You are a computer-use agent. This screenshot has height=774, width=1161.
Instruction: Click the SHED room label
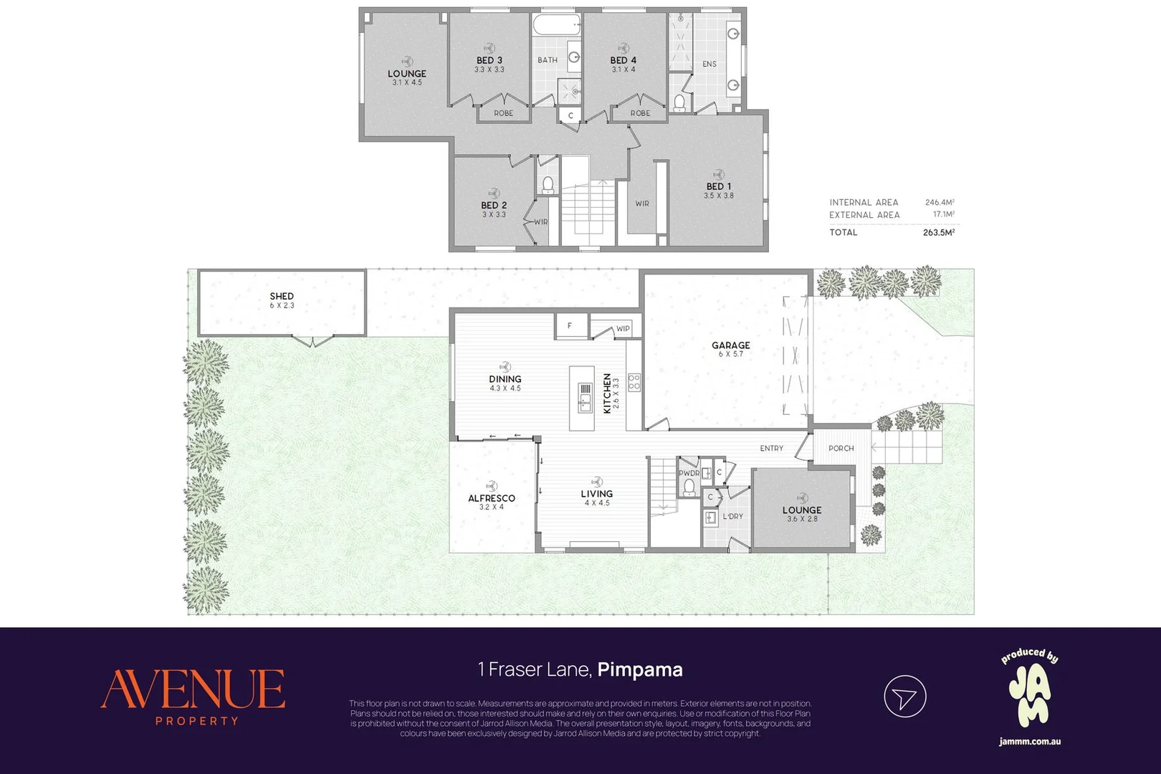point(282,296)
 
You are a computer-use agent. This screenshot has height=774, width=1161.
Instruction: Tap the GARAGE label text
point(731,345)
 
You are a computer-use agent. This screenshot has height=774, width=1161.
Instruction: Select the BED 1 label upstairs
point(719,186)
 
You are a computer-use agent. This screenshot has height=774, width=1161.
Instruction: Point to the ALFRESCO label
point(492,498)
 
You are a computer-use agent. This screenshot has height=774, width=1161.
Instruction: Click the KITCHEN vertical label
point(608,393)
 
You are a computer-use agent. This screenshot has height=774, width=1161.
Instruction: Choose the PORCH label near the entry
point(841,449)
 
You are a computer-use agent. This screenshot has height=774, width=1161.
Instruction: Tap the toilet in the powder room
point(689,487)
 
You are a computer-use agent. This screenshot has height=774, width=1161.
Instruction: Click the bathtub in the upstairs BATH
point(556,24)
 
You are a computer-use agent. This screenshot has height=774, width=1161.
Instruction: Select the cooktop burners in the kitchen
point(634,382)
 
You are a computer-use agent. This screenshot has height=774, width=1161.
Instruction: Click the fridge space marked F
point(570,326)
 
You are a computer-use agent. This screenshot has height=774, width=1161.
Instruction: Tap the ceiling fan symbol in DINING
point(505,367)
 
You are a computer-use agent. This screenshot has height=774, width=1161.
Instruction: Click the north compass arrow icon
point(905,697)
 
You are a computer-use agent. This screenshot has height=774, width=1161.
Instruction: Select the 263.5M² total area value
point(939,232)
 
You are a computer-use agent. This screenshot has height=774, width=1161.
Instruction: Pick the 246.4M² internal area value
point(940,202)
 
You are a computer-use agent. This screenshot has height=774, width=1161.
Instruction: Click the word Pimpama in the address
point(640,670)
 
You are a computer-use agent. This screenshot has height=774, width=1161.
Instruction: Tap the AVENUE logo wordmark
point(193,689)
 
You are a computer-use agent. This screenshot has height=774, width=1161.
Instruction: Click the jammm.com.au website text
point(1030,741)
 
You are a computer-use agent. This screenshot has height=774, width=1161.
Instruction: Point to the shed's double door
point(312,340)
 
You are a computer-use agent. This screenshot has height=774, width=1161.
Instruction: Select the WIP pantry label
point(623,328)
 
